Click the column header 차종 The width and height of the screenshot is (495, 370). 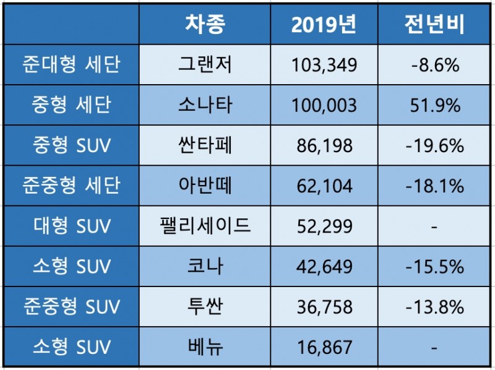click(205, 24)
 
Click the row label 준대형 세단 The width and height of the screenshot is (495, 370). click(71, 64)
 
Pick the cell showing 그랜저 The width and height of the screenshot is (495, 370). click(205, 64)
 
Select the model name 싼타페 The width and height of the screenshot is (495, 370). click(205, 145)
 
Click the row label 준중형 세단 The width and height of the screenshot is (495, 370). click(71, 186)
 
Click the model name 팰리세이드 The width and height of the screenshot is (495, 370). click(205, 226)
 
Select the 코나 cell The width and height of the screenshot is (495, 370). click(205, 266)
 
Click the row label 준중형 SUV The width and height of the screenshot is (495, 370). click(71, 306)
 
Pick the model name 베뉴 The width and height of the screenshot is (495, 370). click(205, 347)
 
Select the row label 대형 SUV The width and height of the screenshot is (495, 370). click(71, 226)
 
